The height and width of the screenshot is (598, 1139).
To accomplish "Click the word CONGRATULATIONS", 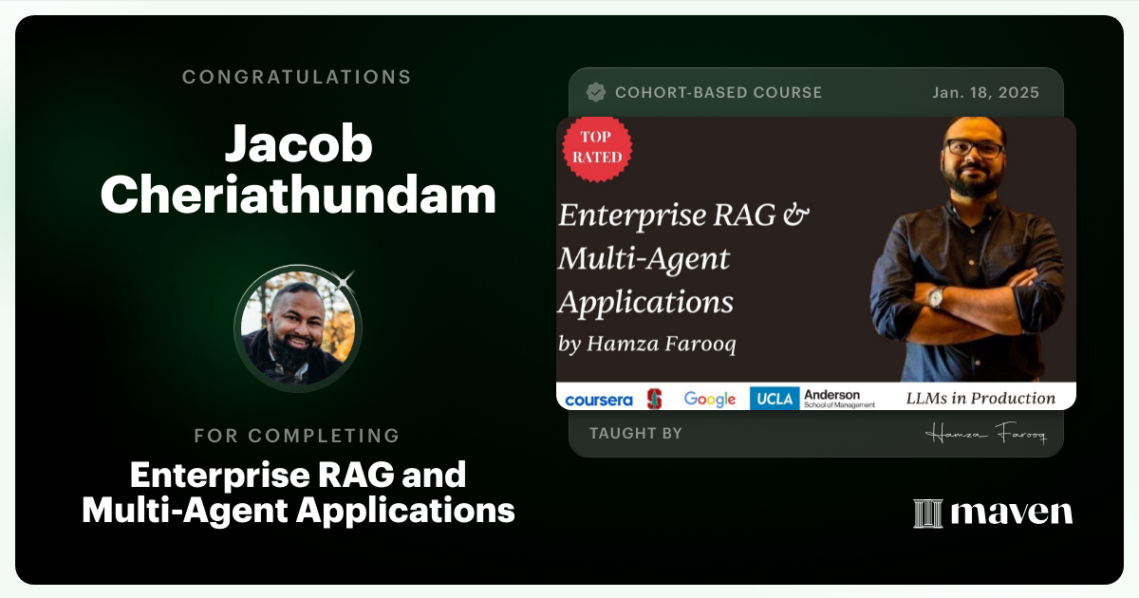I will pyautogui.click(x=297, y=77).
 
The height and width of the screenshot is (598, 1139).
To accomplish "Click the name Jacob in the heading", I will pyautogui.click(x=298, y=145).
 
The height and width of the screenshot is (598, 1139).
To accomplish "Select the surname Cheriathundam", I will pyautogui.click(x=298, y=196).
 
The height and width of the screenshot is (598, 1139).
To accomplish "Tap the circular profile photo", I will pyautogui.click(x=297, y=328).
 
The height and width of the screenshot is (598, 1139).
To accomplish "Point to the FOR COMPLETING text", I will pyautogui.click(x=297, y=436).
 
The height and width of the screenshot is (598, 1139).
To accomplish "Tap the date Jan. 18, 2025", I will pyautogui.click(x=985, y=93).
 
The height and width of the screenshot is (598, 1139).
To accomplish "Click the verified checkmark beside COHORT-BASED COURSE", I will pyautogui.click(x=596, y=92).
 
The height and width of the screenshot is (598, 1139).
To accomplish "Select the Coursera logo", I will pyautogui.click(x=598, y=400).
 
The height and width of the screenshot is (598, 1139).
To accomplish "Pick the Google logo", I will pyautogui.click(x=710, y=399).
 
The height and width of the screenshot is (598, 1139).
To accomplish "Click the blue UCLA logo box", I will pyautogui.click(x=774, y=399).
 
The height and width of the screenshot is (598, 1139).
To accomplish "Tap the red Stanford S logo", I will pyautogui.click(x=654, y=399).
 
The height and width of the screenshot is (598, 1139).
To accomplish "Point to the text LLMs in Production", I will pyautogui.click(x=980, y=399).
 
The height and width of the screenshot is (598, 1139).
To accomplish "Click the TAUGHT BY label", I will pyautogui.click(x=635, y=434).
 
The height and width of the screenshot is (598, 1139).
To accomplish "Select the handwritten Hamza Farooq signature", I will pyautogui.click(x=985, y=435).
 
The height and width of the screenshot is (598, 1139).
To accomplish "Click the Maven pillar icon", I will pyautogui.click(x=926, y=514).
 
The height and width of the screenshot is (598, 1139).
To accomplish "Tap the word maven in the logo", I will pyautogui.click(x=1011, y=514).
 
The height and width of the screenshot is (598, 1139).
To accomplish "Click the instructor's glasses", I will pyautogui.click(x=973, y=149).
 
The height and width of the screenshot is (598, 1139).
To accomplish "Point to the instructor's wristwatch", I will pyautogui.click(x=936, y=297).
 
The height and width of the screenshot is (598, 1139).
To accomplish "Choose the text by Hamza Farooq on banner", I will pyautogui.click(x=647, y=344).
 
